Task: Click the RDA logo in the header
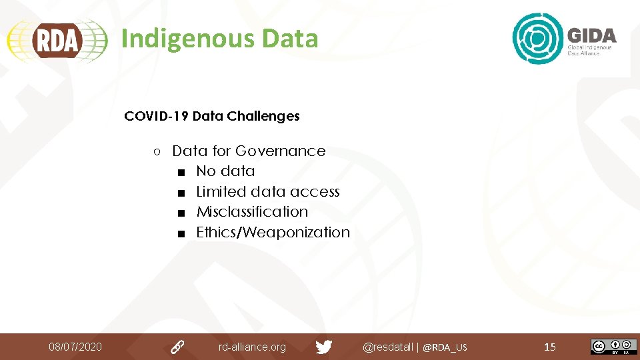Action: pyautogui.click(x=57, y=40)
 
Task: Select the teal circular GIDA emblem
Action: pyautogui.click(x=537, y=39)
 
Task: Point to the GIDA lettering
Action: pyautogui.click(x=591, y=35)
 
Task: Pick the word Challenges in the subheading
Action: pyautogui.click(x=263, y=116)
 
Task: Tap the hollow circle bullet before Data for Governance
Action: pyautogui.click(x=155, y=152)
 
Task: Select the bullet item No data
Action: pyautogui.click(x=225, y=171)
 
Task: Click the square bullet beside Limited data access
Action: pyautogui.click(x=181, y=193)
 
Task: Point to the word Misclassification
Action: pyautogui.click(x=252, y=212)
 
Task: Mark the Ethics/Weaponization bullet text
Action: pyautogui.click(x=273, y=233)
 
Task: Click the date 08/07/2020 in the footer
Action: pyautogui.click(x=75, y=347)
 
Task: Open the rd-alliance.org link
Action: pyautogui.click(x=252, y=347)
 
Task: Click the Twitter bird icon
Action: pyautogui.click(x=324, y=347)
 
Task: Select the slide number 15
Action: pyautogui.click(x=550, y=347)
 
